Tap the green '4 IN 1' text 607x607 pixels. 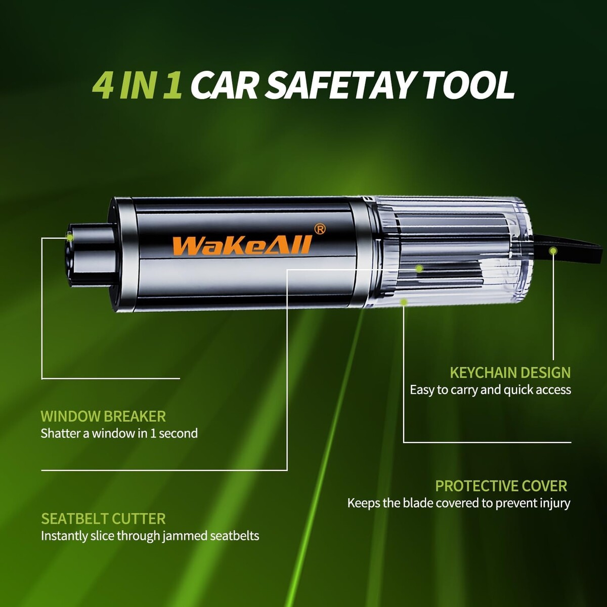tap(137, 85)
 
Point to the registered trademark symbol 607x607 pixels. tap(320, 229)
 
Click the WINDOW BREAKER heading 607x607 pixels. tap(103, 416)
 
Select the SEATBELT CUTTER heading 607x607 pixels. tap(103, 519)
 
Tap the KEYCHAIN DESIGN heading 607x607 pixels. tap(510, 373)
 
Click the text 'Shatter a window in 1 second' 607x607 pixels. tap(119, 433)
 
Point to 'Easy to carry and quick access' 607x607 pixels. tap(491, 390)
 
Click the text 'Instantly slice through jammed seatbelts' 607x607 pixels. tap(150, 536)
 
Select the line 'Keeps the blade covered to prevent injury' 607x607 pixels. tap(459, 503)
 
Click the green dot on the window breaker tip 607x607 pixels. tap(70, 237)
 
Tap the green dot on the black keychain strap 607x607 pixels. tap(553, 251)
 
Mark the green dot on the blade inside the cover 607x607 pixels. tap(419, 269)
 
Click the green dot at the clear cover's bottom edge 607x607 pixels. tap(404, 302)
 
